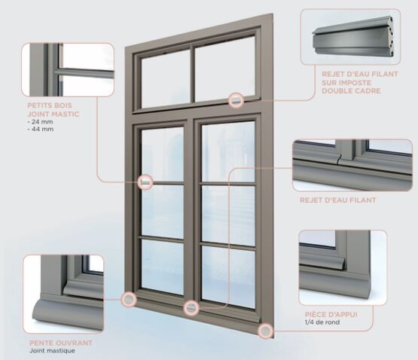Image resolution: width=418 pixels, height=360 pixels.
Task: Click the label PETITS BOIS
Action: (x=50, y=105)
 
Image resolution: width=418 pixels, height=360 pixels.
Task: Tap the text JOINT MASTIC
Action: (x=53, y=114)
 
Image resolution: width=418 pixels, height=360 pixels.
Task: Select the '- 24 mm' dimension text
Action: (x=40, y=122)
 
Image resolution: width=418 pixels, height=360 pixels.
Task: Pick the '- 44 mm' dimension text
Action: (x=40, y=129)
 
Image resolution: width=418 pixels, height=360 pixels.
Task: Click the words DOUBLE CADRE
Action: (x=351, y=90)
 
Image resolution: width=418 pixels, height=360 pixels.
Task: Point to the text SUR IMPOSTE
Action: (x=346, y=82)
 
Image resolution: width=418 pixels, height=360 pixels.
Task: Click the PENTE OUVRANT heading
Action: (x=61, y=343)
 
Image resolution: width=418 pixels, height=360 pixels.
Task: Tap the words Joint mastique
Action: (x=52, y=350)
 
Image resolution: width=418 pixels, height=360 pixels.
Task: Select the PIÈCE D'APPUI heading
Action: (x=331, y=314)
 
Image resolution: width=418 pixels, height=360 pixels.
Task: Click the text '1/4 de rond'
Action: (x=322, y=322)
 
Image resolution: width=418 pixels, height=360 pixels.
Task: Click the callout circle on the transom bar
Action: (x=236, y=100)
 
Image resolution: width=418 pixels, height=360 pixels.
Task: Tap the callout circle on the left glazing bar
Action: (x=145, y=182)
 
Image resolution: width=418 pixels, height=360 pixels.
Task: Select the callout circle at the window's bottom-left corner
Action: (x=129, y=299)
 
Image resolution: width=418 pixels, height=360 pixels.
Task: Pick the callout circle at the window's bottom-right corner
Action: (x=266, y=331)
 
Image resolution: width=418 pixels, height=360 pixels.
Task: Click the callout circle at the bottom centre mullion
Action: (x=191, y=308)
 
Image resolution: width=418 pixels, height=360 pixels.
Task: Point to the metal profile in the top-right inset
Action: (x=353, y=38)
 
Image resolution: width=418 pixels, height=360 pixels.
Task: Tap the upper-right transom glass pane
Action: (x=224, y=69)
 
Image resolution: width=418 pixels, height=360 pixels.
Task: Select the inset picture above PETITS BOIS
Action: (x=68, y=69)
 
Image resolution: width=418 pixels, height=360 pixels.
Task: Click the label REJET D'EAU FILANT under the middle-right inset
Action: (x=337, y=200)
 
